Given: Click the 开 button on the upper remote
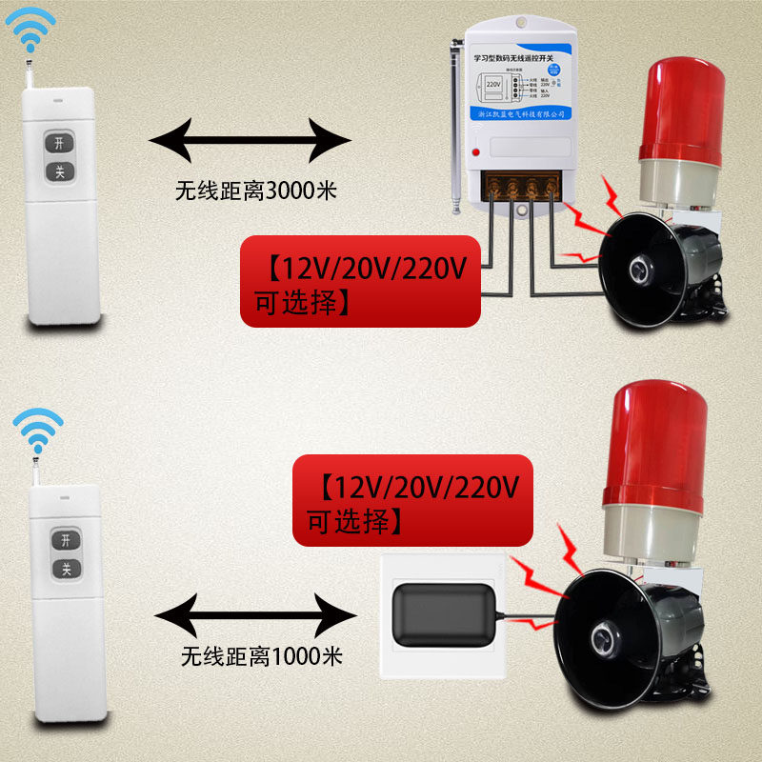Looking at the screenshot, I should click(60, 143).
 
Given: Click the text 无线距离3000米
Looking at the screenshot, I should click(256, 190).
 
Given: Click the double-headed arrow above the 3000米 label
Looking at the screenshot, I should click(251, 139).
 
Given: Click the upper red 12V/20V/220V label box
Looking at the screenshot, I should click(360, 282).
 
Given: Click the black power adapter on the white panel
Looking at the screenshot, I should click(439, 616).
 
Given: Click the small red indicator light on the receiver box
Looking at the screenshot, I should click(475, 152).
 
